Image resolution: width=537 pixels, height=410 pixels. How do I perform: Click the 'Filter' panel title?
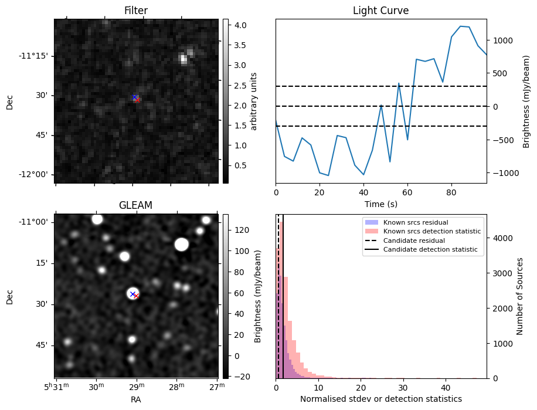tap(135, 11)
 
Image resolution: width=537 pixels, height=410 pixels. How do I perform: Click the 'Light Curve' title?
tap(380, 11)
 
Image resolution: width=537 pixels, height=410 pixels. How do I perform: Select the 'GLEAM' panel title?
tap(135, 205)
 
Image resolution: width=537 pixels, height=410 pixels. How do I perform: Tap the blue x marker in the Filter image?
tap(134, 97)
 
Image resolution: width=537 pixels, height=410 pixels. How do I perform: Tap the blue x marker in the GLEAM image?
tap(132, 294)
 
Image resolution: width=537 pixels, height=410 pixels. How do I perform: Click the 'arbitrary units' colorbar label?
tap(254, 101)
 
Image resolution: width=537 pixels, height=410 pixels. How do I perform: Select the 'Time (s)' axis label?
tap(380, 203)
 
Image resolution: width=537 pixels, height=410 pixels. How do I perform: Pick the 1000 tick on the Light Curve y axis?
tap(503, 40)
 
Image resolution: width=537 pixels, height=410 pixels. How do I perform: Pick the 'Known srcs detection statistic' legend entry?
tap(432, 232)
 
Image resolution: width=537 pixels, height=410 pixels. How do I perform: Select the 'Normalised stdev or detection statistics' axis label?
tap(380, 399)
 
